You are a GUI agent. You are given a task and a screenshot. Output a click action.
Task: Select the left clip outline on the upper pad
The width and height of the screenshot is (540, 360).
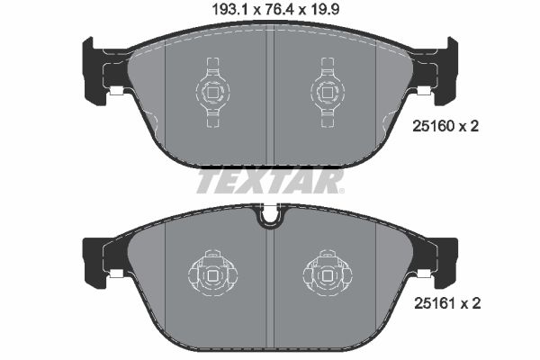click(212, 90)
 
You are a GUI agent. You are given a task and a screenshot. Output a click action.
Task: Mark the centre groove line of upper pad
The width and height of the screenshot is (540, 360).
click(270, 99)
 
